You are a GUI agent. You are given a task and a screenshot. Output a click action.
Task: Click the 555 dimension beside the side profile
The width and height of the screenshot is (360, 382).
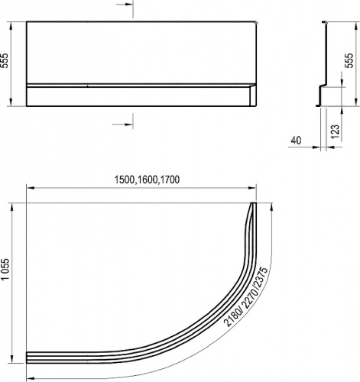349,60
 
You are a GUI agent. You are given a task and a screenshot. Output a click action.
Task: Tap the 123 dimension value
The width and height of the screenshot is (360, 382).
336,131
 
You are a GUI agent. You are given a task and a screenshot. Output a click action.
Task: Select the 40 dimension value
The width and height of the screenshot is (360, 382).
296,141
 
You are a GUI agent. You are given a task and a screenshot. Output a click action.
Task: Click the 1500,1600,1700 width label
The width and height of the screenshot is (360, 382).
147,180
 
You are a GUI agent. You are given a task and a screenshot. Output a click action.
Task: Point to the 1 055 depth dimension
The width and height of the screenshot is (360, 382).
5,269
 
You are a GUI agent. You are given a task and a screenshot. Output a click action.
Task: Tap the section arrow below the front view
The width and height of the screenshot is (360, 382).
122,125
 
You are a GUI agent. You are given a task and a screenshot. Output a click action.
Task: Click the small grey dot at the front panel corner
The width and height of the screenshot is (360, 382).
256,23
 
